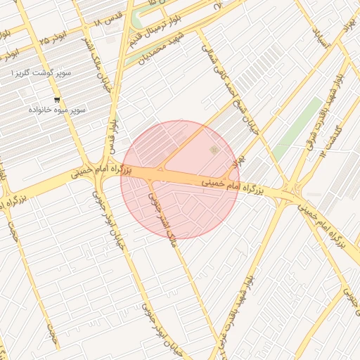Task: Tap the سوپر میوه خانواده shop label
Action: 57,110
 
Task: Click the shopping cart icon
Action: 57,99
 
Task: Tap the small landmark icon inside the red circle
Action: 214,150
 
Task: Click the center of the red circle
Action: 180,180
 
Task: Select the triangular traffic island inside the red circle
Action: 162,168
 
